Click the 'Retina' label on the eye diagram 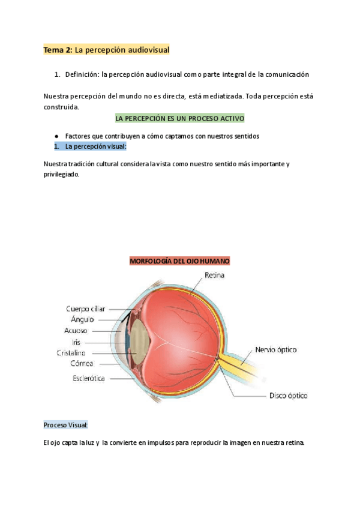point(214,276)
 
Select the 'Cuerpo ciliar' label point(85,309)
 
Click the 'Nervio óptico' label point(275,349)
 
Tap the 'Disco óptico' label point(287,396)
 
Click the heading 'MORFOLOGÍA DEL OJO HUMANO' point(179,261)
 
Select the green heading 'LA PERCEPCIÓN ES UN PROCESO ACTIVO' point(179,118)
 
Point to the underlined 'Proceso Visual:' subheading point(65,425)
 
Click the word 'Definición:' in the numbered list point(82,74)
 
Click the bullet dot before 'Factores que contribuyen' point(56,136)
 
